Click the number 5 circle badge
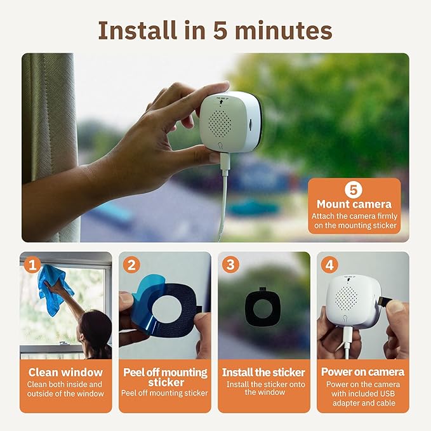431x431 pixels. pos(354,189)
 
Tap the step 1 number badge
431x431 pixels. pos(33,264)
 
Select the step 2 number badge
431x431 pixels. pos(131,264)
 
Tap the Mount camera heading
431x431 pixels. pos(354,204)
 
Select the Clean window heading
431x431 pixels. pos(65,372)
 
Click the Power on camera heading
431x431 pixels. pos(363,372)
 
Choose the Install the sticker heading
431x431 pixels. pos(263,372)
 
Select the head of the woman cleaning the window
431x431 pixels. pos(95,324)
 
